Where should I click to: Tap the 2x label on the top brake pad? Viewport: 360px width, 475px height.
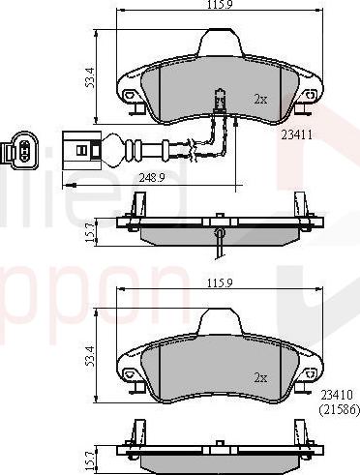click(259, 99)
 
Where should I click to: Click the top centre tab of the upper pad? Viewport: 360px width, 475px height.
click(219, 44)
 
